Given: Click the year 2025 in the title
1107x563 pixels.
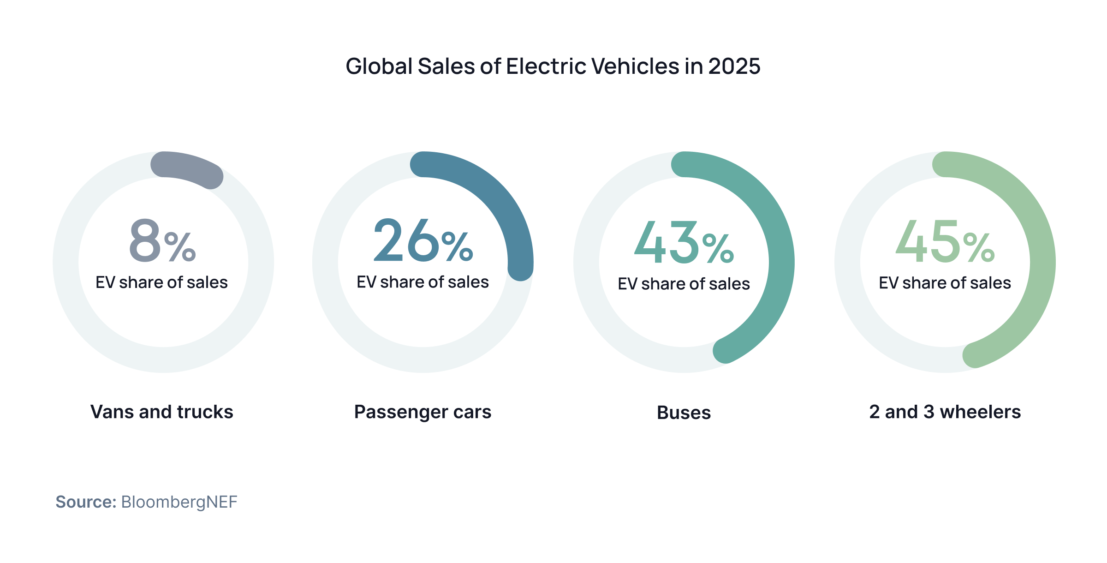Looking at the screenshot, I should coord(734,66).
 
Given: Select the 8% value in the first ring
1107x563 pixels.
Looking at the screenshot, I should coord(162,241).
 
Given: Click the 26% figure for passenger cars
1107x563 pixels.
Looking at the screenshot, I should coord(423,241).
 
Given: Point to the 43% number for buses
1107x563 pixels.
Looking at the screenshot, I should coord(684,243).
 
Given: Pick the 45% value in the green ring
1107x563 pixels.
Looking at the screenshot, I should coord(945,242).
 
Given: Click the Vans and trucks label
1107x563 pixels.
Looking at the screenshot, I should coord(162,412).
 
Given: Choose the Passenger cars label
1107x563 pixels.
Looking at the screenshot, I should coord(423,412).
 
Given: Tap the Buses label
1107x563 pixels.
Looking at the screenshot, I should coord(684,413).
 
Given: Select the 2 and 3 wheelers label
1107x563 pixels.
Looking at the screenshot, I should coord(945,412).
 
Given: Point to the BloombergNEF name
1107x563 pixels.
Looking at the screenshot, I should coord(179,502).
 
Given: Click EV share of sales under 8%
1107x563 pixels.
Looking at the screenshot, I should coord(162,282).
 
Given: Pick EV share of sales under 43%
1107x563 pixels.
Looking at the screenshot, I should coord(684,284).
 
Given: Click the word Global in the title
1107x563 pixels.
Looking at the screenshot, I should coord(379,66).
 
